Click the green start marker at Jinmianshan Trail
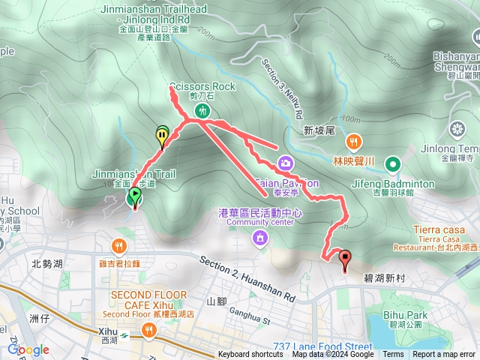pos(134,196)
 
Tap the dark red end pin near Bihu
pos(346,260)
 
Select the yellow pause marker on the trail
pos(163,135)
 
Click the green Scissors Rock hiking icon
pos(202,111)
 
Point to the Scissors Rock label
pos(202,86)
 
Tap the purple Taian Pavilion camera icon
pos(286,162)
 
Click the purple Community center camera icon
pos(259,239)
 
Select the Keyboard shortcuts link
pos(250,355)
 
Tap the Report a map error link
pos(443,355)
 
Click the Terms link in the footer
pos(393,355)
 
